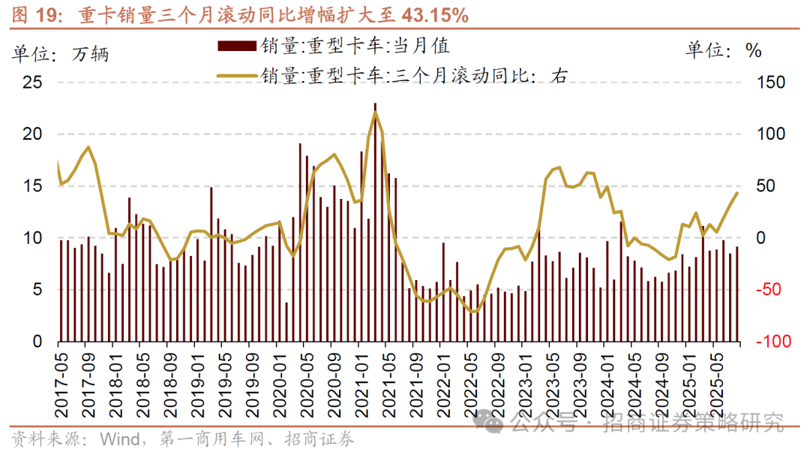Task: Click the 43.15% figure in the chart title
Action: click(435, 14)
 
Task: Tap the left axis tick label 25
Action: click(33, 83)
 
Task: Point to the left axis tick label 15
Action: click(33, 186)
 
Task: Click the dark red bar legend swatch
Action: click(238, 47)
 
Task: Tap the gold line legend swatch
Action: click(238, 74)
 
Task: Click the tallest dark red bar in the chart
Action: click(375, 222)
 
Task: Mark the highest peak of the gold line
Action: click(375, 113)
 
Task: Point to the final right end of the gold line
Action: click(737, 193)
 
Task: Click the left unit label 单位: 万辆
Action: click(60, 54)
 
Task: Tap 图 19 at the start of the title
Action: click(29, 14)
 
